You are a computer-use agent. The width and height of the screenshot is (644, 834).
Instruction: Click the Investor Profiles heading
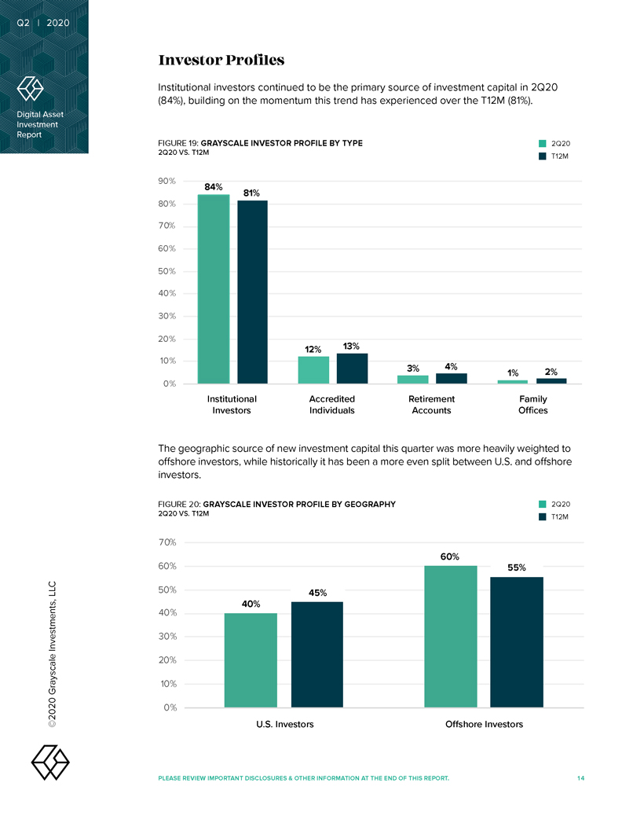point(221,61)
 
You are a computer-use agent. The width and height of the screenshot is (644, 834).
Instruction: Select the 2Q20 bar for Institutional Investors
point(214,288)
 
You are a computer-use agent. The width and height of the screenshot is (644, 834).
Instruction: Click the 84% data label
point(214,187)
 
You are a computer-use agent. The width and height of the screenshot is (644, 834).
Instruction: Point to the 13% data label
point(351,347)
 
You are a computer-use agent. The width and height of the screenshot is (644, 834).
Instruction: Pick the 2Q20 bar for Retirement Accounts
point(413,380)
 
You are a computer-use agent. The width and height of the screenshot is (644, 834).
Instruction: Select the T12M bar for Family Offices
point(551,381)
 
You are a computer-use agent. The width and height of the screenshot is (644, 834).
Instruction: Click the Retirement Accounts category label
point(431,404)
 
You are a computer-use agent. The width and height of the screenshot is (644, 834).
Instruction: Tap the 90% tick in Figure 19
point(166,182)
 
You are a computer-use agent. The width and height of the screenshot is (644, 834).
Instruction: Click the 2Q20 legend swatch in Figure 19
point(542,144)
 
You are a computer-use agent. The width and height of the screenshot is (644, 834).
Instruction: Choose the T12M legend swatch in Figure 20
point(542,516)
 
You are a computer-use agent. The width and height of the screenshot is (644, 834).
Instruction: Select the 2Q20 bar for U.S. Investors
point(251,659)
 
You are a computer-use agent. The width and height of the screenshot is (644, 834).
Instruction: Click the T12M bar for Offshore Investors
point(516,641)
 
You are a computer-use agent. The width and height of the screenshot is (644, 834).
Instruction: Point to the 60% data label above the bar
point(450,557)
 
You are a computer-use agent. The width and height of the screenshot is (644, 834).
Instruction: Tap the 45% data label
point(317,593)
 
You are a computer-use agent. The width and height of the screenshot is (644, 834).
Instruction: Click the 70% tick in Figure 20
point(166,542)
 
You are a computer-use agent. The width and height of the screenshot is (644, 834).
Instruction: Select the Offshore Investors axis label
point(484,724)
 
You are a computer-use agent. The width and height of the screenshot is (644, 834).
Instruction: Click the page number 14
point(580,778)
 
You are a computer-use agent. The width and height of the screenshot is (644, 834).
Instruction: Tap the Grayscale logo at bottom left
point(49,760)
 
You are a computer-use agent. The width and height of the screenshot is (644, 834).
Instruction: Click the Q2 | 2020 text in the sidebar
point(43,23)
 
